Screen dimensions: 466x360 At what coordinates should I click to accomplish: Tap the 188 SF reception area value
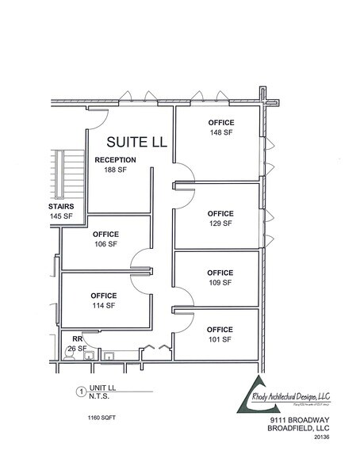click(x=115, y=170)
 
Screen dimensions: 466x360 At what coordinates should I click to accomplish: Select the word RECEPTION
click(x=116, y=159)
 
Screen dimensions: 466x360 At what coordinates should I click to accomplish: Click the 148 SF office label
click(x=220, y=132)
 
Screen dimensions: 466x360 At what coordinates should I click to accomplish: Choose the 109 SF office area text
click(x=220, y=282)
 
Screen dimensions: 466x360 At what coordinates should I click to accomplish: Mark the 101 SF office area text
click(x=220, y=339)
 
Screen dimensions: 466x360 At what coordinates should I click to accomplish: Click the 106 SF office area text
click(x=105, y=244)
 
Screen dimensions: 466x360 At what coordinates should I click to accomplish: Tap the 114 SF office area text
click(x=104, y=305)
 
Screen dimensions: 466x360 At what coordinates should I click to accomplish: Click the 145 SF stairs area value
click(x=60, y=216)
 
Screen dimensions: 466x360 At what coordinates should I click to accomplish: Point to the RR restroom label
click(x=77, y=338)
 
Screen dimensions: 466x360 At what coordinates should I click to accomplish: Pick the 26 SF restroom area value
click(x=77, y=348)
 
